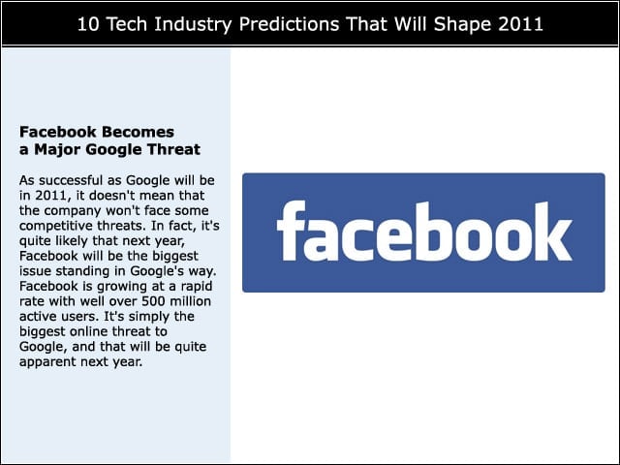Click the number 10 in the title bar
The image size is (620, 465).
coord(87,24)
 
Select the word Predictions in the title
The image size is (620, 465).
coord(289,24)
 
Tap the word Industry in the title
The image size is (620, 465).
coord(193,25)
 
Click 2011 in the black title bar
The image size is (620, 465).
coord(520,24)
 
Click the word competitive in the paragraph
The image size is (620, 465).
coord(50,226)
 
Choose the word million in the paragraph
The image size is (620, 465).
coord(191,301)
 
